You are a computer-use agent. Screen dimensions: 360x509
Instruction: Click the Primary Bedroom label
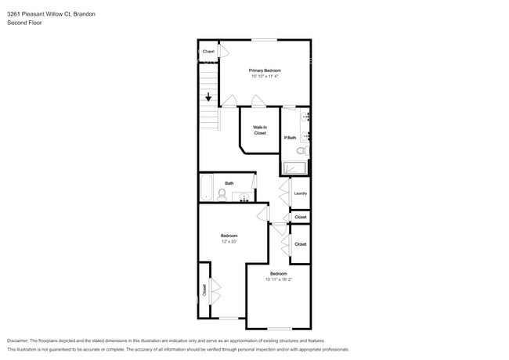(265, 70)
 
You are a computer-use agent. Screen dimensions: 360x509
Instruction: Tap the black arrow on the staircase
(208, 98)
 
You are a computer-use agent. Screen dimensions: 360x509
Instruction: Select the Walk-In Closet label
(260, 130)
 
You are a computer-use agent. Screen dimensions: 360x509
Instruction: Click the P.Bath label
(290, 138)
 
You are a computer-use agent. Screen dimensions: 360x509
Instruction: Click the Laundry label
(300, 193)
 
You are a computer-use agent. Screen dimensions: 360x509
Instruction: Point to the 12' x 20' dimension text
(229, 242)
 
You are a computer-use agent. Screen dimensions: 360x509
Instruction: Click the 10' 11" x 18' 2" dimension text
(278, 279)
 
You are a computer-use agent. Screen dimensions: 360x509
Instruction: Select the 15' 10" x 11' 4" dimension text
(265, 77)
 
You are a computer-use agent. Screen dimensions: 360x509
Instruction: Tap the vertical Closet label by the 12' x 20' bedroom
(204, 290)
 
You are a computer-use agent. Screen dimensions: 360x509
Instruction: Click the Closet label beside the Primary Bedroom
(208, 52)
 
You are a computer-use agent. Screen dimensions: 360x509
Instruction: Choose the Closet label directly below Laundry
(300, 217)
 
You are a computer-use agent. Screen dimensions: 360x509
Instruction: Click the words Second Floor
(24, 23)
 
